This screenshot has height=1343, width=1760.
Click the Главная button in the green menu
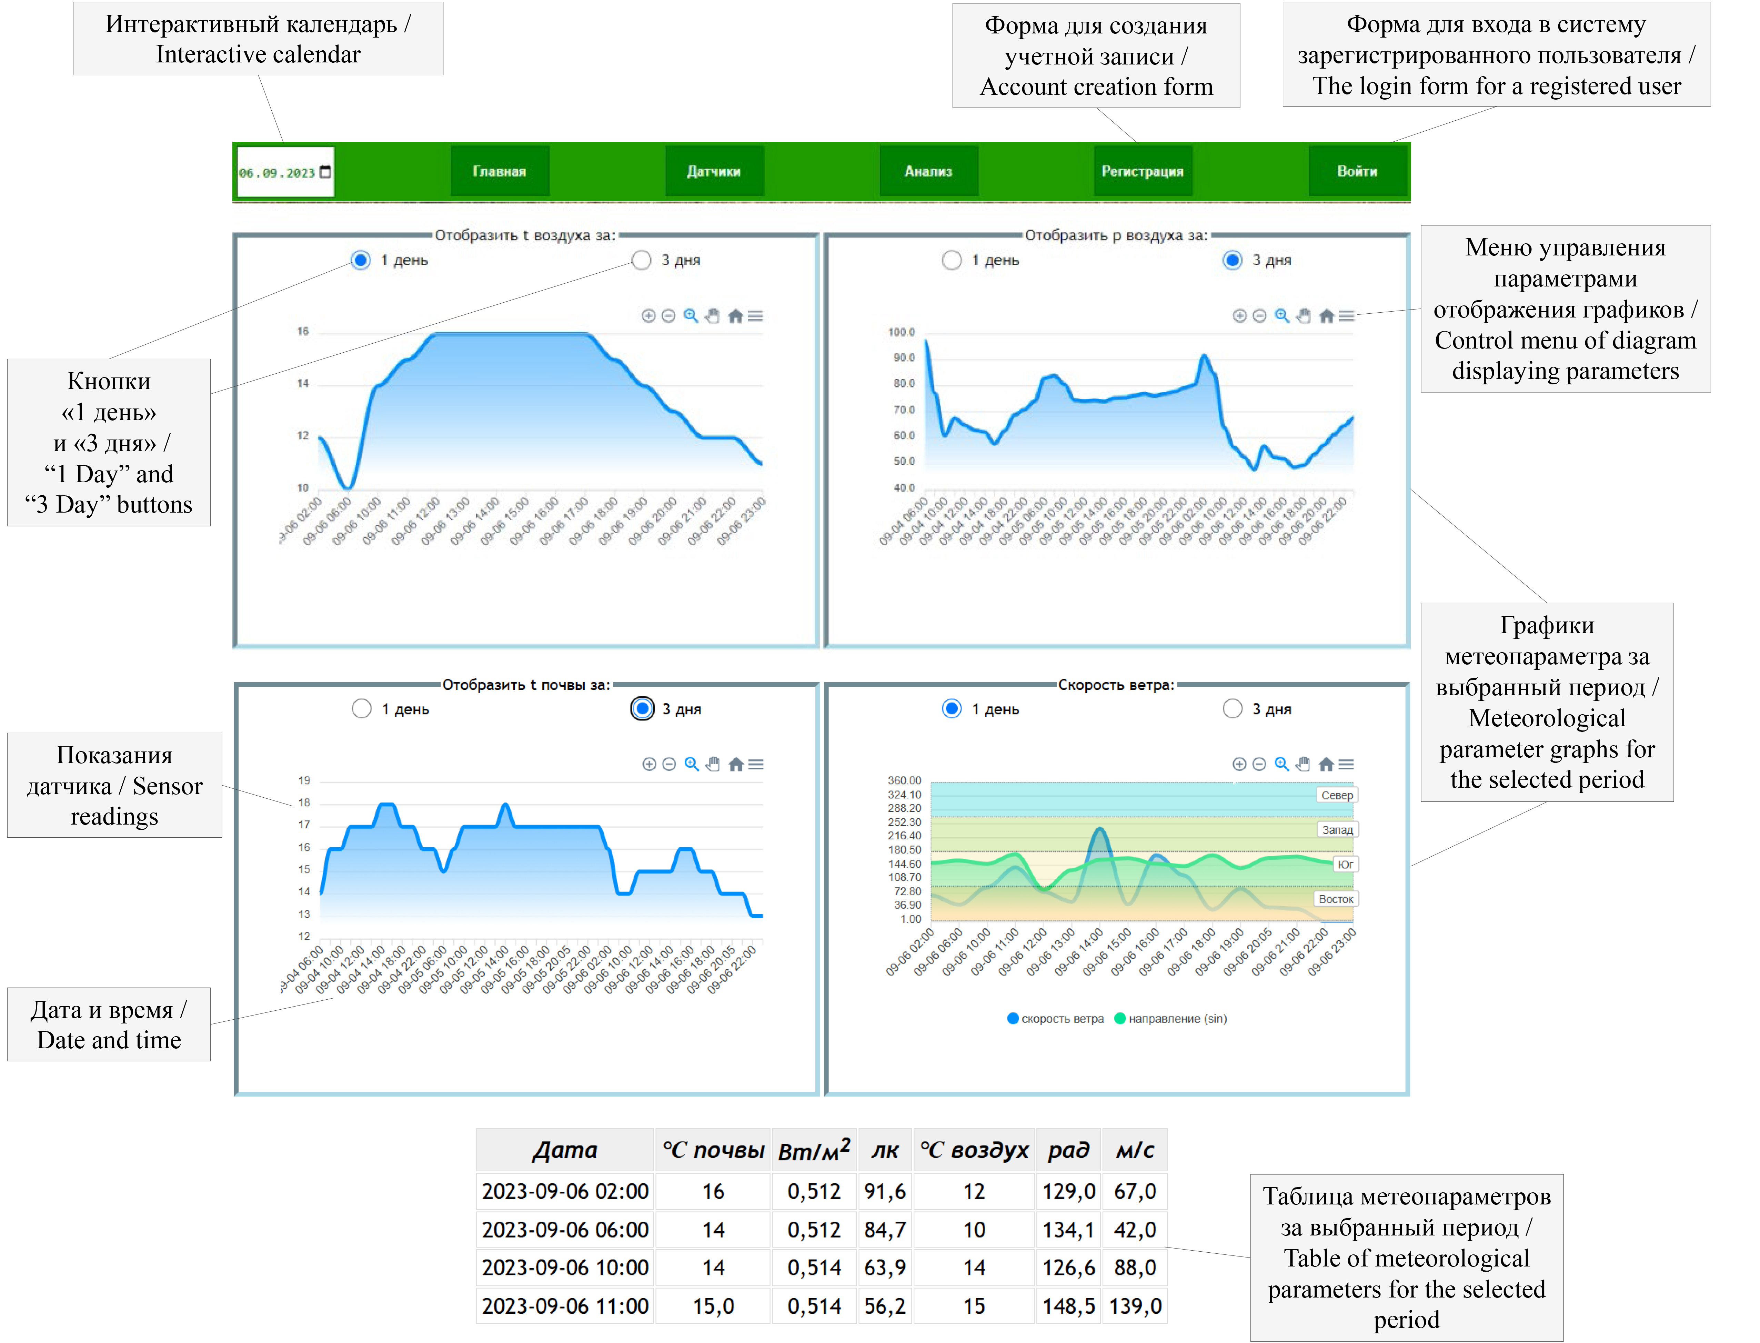pos(499,171)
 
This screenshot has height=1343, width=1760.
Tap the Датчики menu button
pos(713,171)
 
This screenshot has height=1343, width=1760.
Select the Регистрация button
pos(1142,171)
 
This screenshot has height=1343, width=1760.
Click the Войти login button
pos(1357,171)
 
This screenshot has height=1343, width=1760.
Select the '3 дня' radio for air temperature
pos(641,260)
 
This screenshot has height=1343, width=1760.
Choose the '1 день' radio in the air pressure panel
pos(952,260)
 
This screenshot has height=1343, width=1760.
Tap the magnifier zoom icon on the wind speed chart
pos(1281,764)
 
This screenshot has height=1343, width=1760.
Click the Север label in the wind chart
pos(1336,795)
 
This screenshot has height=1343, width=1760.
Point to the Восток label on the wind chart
pos(1335,899)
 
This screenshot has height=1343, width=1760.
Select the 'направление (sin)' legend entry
pos(1171,1018)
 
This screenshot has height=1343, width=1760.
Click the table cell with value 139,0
pos(1135,1306)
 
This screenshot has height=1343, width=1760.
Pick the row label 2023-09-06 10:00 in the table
pos(564,1268)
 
